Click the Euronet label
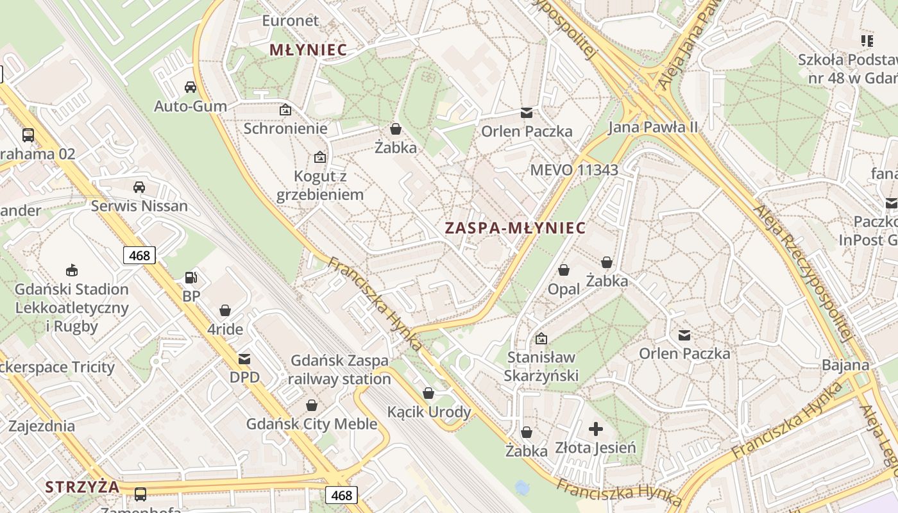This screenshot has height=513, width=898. (x=291, y=21)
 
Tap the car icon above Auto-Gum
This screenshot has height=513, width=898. (x=191, y=87)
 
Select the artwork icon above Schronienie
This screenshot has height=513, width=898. (x=285, y=110)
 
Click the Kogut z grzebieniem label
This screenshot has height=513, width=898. (x=320, y=185)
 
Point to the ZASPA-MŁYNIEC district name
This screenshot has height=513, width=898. (x=516, y=228)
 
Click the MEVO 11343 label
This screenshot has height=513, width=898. (x=574, y=170)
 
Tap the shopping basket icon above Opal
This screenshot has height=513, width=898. (x=564, y=270)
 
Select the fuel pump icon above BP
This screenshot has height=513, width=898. (x=191, y=277)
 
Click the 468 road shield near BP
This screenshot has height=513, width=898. (x=139, y=255)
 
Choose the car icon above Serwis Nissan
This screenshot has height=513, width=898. (x=139, y=187)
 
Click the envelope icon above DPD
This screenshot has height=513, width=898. (x=244, y=358)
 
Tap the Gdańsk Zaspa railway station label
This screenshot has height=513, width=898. (x=339, y=369)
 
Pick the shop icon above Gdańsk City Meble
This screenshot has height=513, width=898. (x=312, y=405)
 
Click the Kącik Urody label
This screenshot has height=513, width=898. (x=429, y=412)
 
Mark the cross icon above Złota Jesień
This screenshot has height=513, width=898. (x=596, y=428)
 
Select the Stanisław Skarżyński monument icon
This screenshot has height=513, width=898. (x=542, y=338)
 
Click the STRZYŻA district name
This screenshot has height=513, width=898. (x=82, y=487)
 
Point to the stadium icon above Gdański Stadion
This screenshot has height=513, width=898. (x=72, y=270)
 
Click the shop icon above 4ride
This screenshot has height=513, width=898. (x=225, y=310)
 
